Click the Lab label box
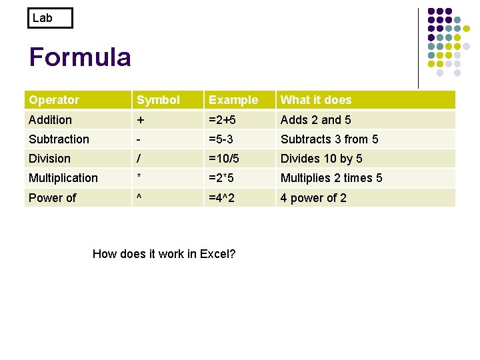point(50,18)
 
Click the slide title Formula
point(80,57)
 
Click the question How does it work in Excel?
point(164,254)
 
